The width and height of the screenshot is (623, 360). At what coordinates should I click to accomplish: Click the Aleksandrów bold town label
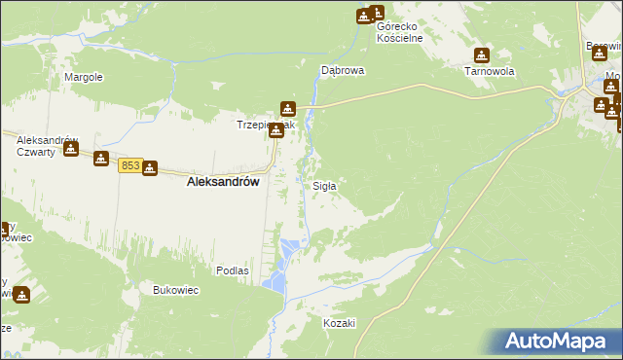[223, 181]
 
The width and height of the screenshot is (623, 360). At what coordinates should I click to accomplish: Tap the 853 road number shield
[130, 167]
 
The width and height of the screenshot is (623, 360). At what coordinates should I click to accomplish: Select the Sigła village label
[324, 186]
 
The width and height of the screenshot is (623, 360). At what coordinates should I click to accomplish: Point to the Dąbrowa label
[343, 71]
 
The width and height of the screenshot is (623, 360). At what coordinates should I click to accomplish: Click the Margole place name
[84, 77]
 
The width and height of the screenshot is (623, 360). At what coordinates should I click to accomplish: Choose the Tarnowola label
[489, 72]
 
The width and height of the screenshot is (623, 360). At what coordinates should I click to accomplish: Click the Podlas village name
[233, 270]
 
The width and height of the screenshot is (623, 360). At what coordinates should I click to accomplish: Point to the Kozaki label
[341, 323]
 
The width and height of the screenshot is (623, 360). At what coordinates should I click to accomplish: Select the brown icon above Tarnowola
[481, 55]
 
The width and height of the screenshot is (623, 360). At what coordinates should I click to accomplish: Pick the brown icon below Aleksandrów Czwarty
[70, 148]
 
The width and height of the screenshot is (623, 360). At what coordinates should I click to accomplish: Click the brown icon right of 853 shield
[149, 168]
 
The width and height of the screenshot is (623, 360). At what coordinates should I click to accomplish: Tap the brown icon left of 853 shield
[101, 159]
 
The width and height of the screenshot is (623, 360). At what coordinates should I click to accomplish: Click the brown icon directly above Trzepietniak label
[287, 109]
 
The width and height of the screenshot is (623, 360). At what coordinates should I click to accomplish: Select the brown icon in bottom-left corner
[21, 295]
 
